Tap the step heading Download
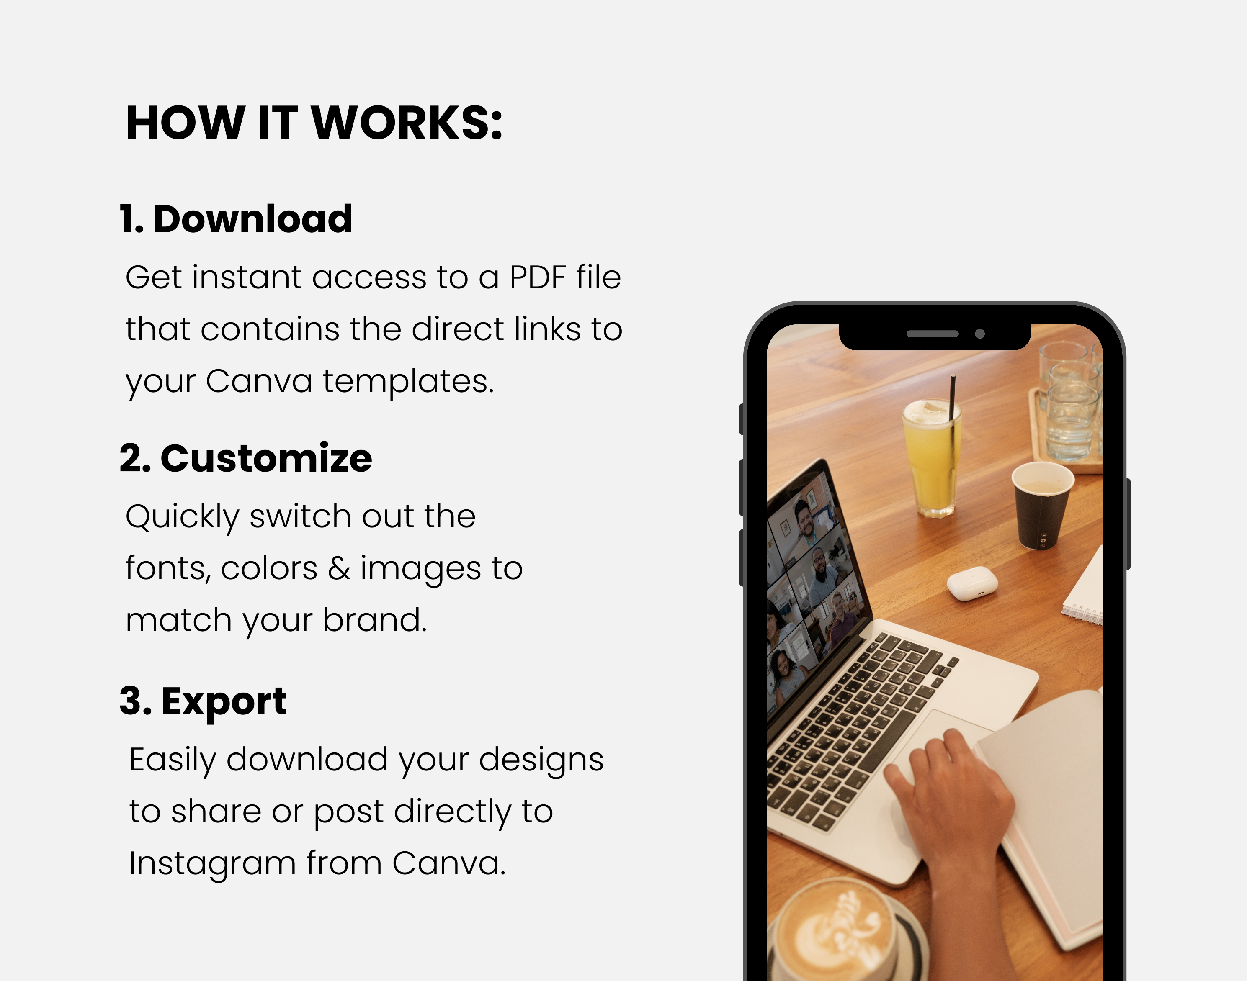tap(253, 219)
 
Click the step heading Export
tap(224, 701)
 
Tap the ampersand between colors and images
tap(339, 568)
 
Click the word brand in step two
tap(375, 620)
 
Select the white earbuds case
tap(972, 583)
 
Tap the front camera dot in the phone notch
tap(980, 334)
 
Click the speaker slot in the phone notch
tap(932, 334)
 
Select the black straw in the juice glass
tap(952, 402)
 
